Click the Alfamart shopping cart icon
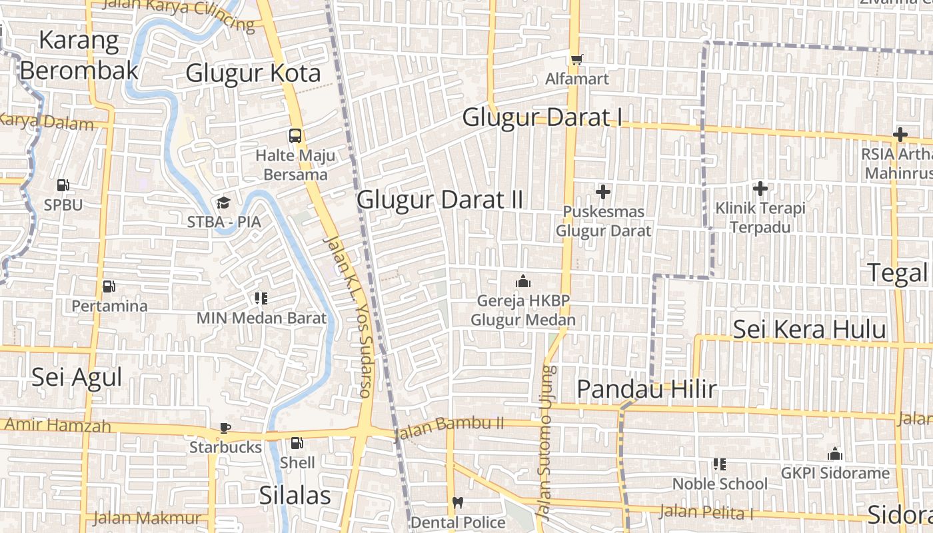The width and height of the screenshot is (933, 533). click(576, 59)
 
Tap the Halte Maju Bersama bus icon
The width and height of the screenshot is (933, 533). click(295, 136)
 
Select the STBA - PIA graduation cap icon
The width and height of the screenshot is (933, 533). click(223, 202)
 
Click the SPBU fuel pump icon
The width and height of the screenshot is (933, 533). click(63, 185)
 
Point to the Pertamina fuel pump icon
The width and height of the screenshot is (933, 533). click(109, 286)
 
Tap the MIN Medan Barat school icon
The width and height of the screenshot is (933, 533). click(261, 298)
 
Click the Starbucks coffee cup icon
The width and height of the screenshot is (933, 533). click(225, 428)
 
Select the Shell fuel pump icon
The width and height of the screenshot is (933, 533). click(297, 442)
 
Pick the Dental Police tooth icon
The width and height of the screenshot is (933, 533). click(457, 502)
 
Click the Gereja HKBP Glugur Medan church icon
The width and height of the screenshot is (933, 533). click(523, 281)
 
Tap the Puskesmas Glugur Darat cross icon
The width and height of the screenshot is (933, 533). click(603, 193)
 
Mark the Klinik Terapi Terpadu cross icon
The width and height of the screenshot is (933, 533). click(760, 189)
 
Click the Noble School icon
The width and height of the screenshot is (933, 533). click(719, 464)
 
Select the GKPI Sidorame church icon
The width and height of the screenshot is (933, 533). click(835, 454)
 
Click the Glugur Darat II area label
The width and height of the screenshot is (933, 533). click(440, 199)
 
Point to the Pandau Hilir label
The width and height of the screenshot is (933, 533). click(646, 389)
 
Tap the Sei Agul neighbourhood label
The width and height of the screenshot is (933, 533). click(77, 378)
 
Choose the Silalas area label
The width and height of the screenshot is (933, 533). click(295, 495)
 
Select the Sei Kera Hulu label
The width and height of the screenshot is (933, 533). click(809, 329)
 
